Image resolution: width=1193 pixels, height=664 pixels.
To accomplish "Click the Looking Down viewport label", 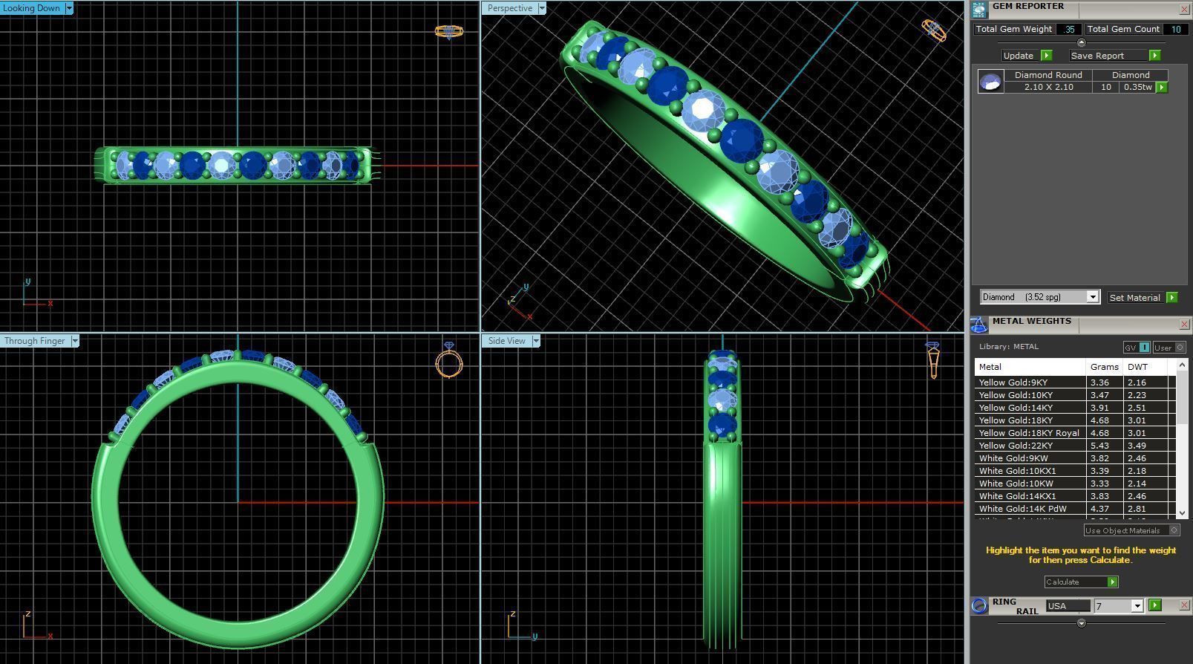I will [x=32, y=8].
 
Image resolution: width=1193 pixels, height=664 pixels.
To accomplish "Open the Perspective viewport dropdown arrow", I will [x=542, y=8].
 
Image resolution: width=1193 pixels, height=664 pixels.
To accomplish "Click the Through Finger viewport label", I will [x=34, y=341].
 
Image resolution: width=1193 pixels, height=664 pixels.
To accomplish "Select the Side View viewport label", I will [x=506, y=341].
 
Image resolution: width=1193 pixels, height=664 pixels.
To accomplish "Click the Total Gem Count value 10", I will [x=1176, y=29].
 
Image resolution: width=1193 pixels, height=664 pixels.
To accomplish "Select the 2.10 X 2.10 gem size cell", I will [x=1048, y=87].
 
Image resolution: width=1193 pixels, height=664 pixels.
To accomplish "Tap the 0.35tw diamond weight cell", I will [x=1137, y=87].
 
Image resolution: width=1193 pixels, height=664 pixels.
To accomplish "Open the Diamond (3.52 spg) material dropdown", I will [x=1092, y=297].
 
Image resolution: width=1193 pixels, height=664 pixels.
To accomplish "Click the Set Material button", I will [x=1134, y=297].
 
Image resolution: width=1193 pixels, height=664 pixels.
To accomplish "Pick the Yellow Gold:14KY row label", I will [x=1015, y=408].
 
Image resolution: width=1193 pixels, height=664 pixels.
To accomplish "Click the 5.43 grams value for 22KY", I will [x=1099, y=446].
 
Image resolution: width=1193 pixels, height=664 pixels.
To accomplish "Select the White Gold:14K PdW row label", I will [x=1022, y=509].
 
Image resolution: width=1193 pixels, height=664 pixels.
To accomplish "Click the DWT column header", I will [x=1137, y=367].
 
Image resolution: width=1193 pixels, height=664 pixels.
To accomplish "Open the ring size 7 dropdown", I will [x=1137, y=606].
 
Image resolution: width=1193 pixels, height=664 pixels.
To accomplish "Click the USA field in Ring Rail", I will [x=1067, y=606].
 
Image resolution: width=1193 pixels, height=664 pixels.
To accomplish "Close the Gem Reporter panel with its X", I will [x=1183, y=9].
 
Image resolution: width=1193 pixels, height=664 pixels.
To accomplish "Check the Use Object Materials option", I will [x=1174, y=530].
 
